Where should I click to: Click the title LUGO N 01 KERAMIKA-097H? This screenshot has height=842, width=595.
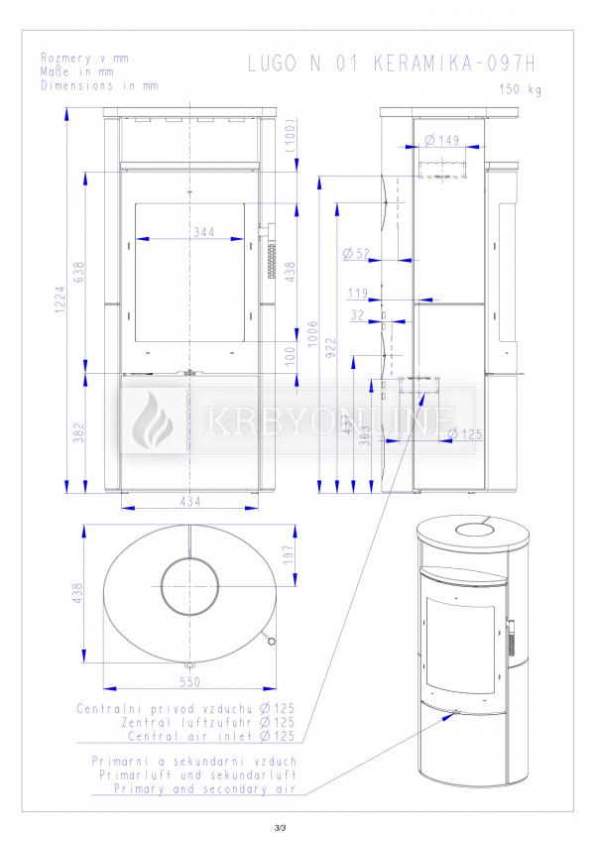coord(392,63)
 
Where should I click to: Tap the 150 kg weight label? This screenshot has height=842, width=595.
coord(521,89)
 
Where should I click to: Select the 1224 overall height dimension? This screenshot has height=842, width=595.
coord(60,300)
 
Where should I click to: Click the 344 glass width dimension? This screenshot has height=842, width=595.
coord(204,232)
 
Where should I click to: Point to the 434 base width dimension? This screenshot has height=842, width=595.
coord(190,501)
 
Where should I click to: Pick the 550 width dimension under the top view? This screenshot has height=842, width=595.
coord(190,682)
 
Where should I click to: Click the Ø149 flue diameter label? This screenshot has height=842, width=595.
coord(442,140)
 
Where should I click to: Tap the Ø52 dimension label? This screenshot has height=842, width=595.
coord(356,254)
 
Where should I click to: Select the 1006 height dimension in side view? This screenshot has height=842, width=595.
coord(313,334)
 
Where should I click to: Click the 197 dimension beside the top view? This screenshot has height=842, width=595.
coord(289,554)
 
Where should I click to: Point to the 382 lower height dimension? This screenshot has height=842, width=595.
coord(79,432)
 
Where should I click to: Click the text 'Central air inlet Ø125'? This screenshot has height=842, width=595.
coord(211,736)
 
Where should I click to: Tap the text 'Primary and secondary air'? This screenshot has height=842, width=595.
coord(205,788)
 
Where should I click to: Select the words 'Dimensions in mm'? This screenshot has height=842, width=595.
coord(100,85)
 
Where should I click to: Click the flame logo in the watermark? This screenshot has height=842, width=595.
coord(152,420)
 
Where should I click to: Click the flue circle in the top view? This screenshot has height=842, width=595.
coord(190,558)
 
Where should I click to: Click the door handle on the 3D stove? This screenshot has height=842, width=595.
coord(512,626)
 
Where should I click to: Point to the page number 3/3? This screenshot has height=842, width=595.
coord(280,828)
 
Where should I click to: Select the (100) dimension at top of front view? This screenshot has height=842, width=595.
coord(291,139)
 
